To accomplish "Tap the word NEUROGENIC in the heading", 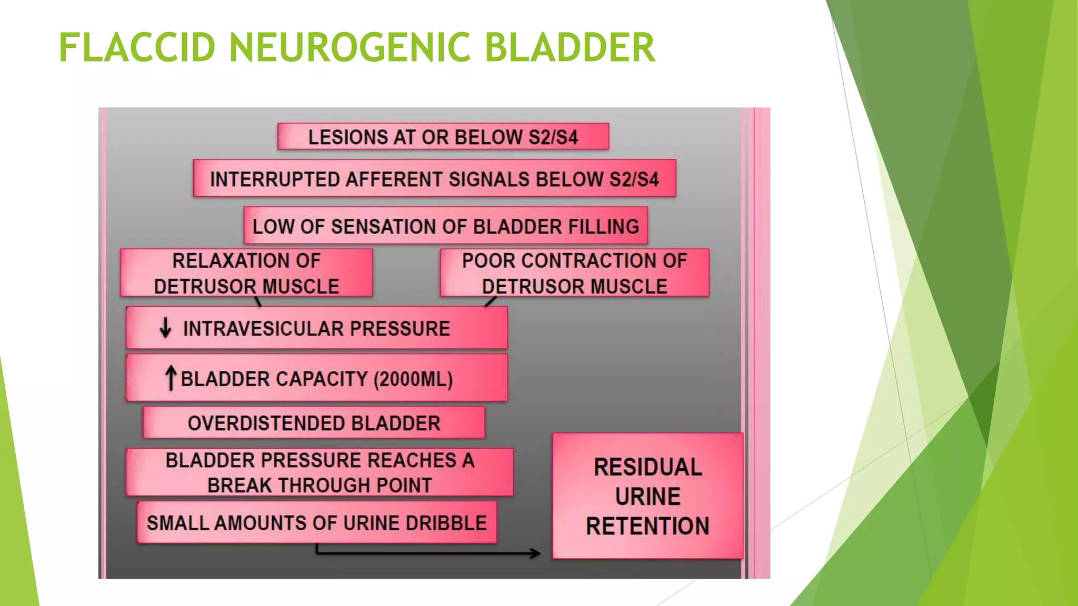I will pos(350,47).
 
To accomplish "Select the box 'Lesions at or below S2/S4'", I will pos(443,137).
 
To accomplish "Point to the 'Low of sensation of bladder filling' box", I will pos(445,226).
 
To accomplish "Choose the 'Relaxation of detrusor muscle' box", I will pos(246,273).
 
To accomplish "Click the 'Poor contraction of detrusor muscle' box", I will pos(574,273).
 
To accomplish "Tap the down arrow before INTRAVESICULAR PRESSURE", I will pos(165,328).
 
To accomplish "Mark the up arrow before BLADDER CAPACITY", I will pos(171,378).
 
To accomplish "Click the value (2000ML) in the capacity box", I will pos(413,379).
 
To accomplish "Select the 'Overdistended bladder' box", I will pos(314,423).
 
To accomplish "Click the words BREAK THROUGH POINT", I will pos(320,485).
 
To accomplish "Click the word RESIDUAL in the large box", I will pos(648,467).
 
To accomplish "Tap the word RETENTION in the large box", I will pos(648,526).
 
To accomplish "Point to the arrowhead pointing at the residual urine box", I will pos(535,553).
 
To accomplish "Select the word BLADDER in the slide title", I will pos(570,47).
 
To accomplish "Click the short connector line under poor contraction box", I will pos(490,302).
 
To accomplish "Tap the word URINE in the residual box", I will pos(648,497).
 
